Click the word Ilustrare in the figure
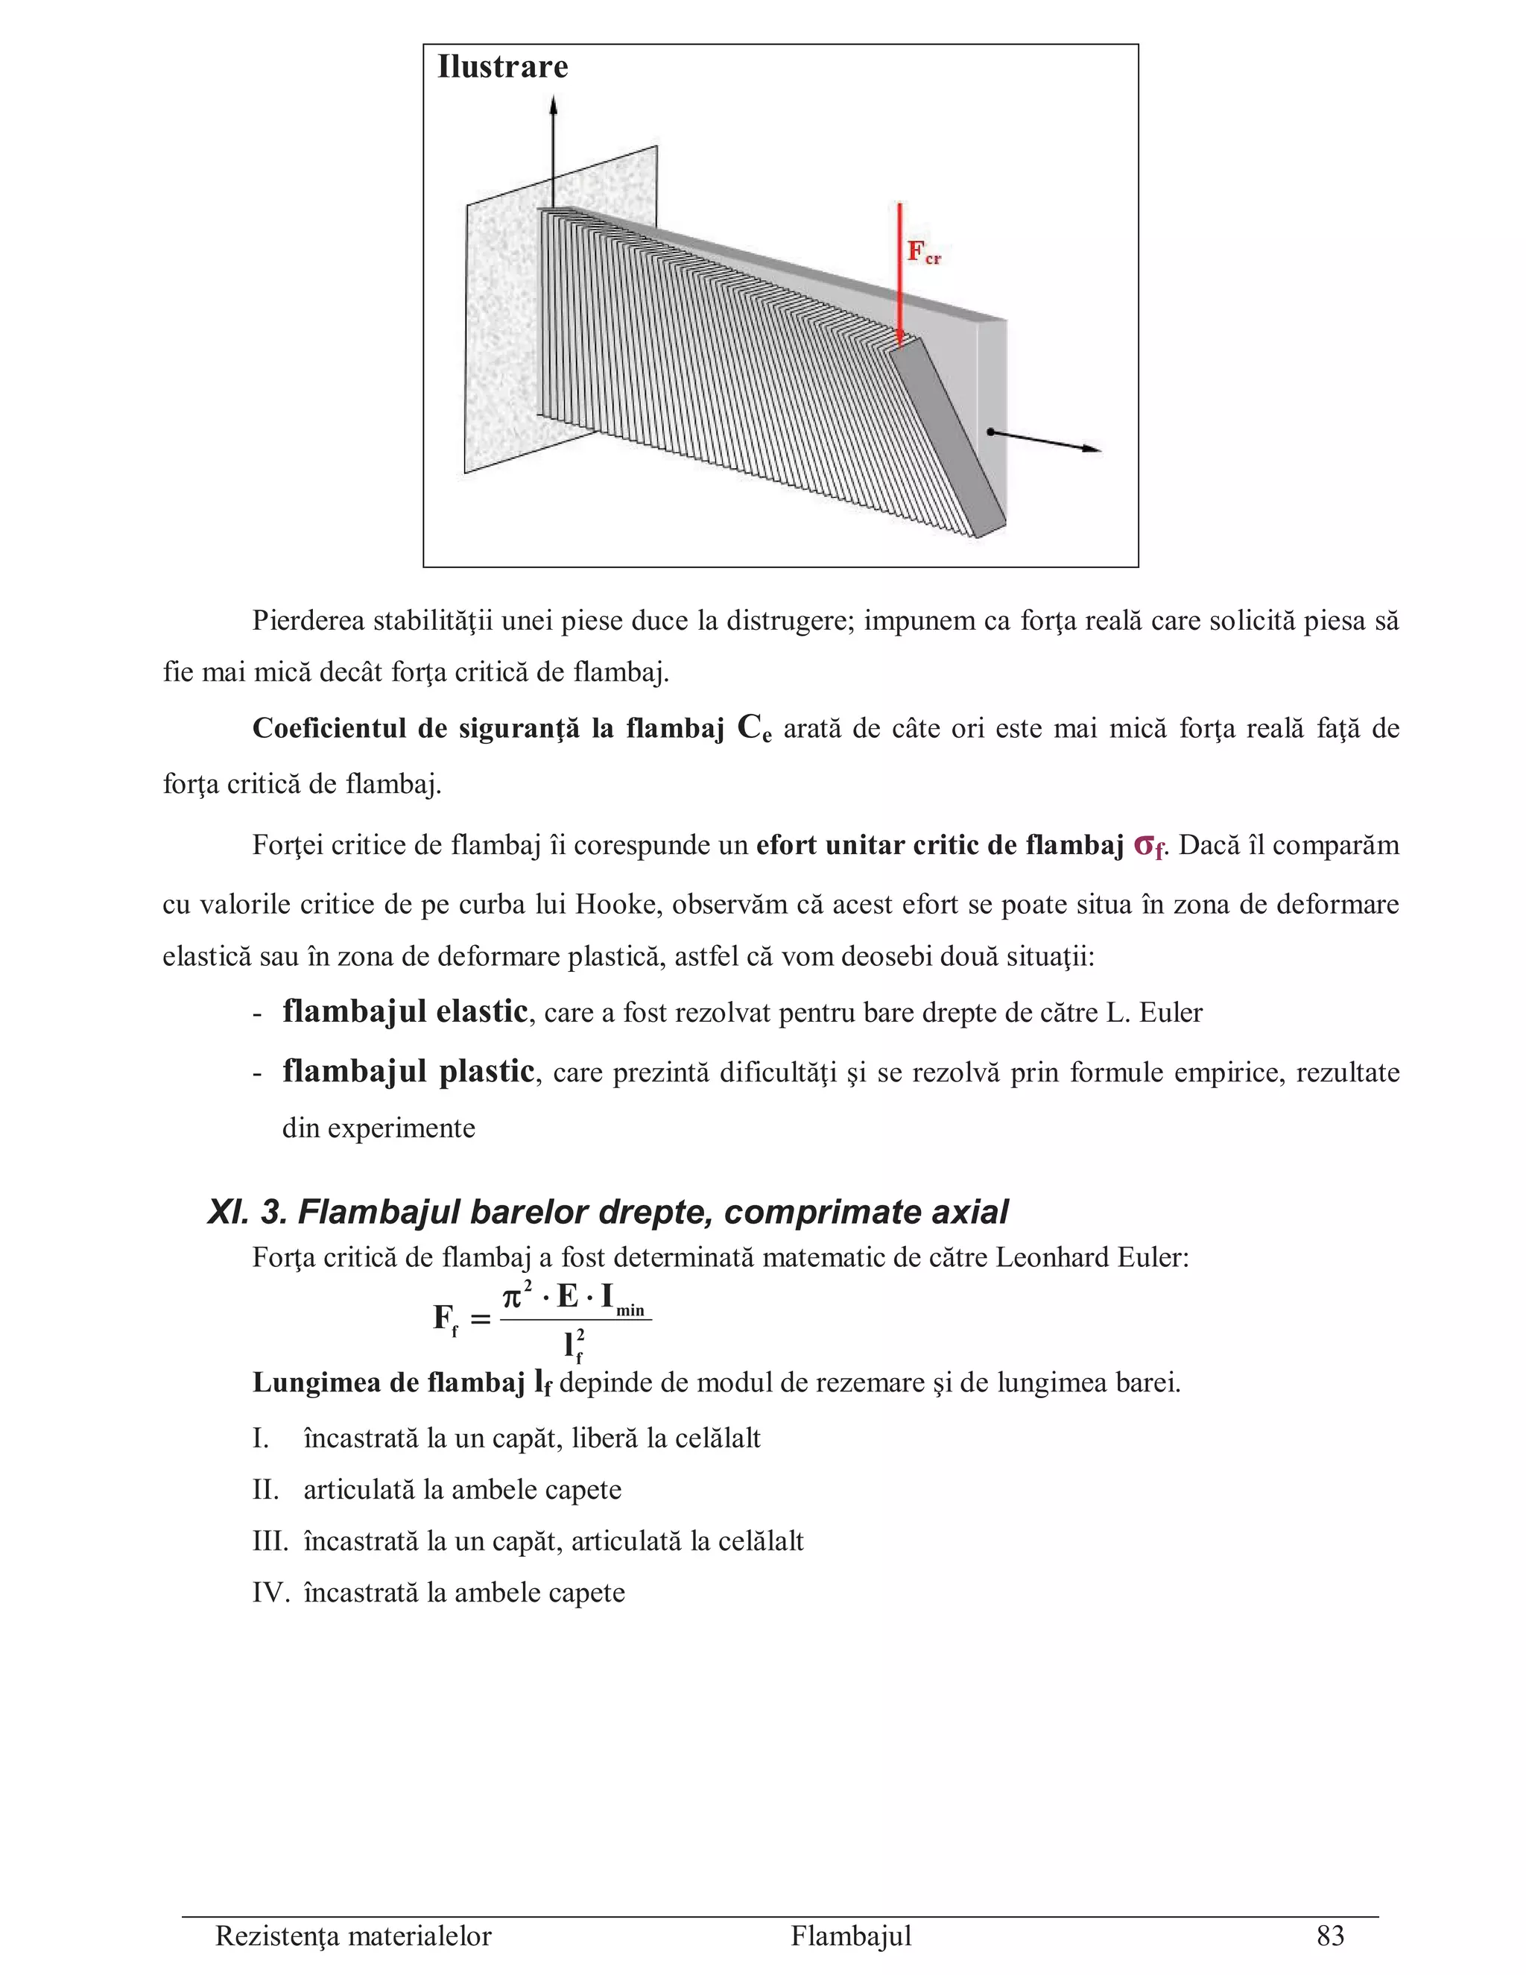503,68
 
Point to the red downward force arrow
899,271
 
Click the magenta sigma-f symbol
1148,847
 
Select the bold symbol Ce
754,729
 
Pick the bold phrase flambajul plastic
408,1072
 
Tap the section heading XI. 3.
246,1213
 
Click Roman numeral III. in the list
270,1541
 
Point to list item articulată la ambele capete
462,1489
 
